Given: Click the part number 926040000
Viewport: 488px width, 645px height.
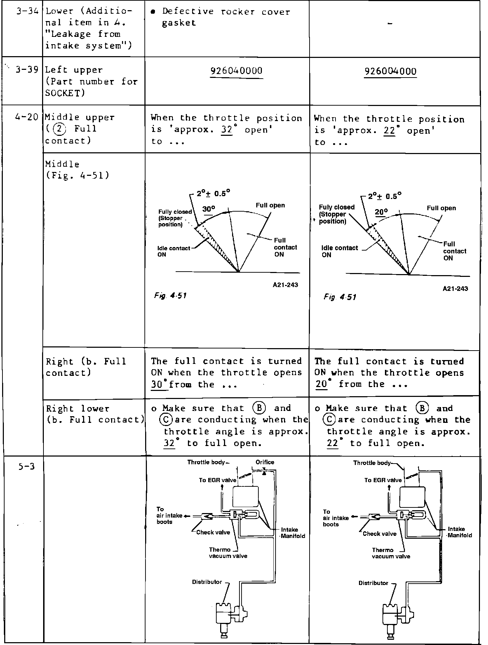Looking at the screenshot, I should pos(236,71).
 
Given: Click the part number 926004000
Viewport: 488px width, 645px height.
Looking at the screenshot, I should pos(390,72).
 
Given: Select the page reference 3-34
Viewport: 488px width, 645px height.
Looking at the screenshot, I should pos(27,11).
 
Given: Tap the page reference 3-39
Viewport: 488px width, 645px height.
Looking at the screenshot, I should pos(27,69).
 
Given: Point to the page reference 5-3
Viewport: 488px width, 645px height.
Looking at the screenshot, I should pos(27,466).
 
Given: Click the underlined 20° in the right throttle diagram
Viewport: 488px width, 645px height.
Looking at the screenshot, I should pos(381,212).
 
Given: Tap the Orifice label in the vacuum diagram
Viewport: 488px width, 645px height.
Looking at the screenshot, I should pos(265,462).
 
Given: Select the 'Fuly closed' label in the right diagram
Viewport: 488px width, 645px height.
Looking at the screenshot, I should pos(337,207).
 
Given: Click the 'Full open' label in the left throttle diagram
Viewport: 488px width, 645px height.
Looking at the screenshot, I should pos(270,205).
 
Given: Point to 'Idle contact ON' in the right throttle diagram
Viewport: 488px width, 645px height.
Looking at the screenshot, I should pos(339,251).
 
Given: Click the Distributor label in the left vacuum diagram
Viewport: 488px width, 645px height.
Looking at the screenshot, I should pos(207,582).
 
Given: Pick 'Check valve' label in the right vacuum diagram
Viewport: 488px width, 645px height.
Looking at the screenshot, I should pos(379,534).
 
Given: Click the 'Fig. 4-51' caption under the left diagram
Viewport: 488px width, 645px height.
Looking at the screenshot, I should pos(170,296).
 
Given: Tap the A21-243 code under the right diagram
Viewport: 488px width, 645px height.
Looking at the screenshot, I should pos(455,289).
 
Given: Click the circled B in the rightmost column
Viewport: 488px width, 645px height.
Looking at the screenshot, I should pos(422,408).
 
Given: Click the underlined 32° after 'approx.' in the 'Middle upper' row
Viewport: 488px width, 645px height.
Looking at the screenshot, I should pos(227,130).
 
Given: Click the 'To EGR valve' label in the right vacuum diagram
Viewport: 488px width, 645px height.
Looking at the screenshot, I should pos(383,480).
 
